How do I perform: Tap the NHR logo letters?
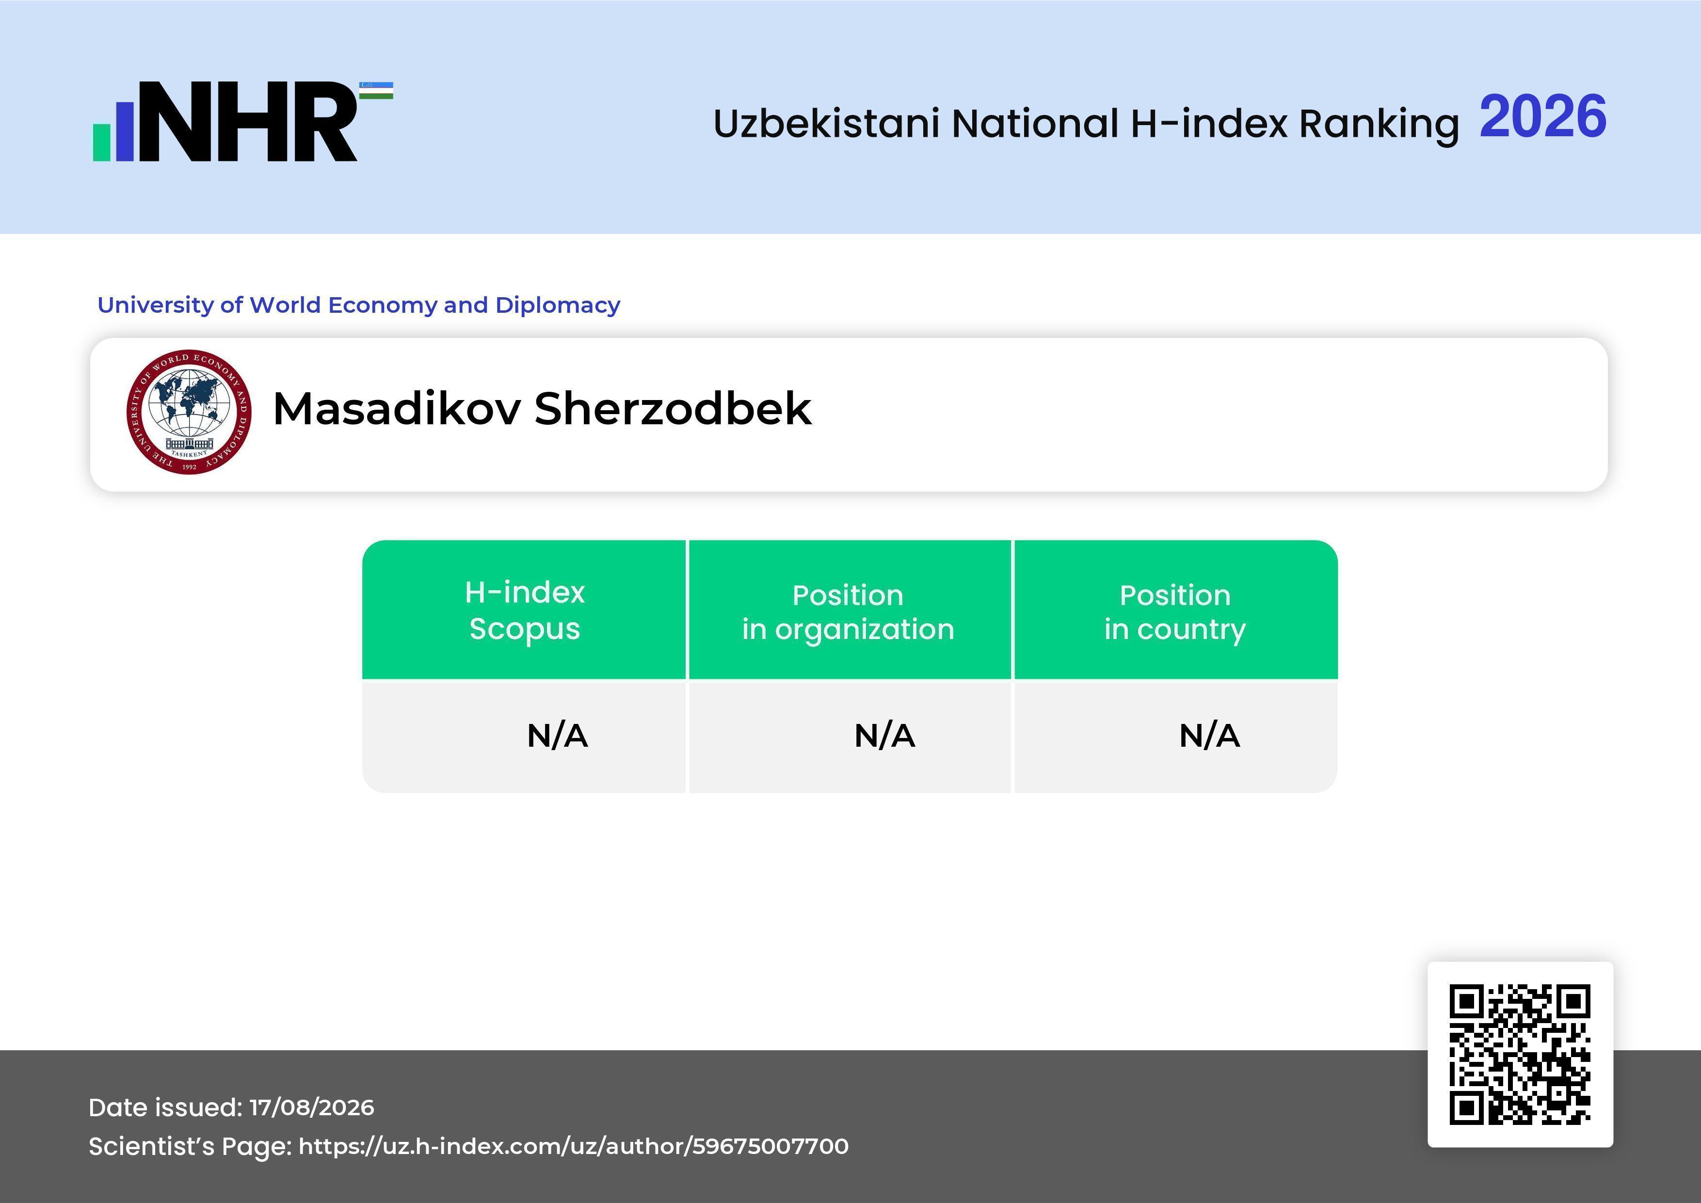click(x=247, y=122)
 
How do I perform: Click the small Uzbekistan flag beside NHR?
click(x=376, y=90)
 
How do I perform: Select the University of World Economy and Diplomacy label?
click(x=358, y=305)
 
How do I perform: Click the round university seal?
click(x=189, y=412)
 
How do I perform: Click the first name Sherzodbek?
click(x=673, y=408)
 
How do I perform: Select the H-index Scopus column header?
click(x=525, y=610)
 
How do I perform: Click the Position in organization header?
click(x=848, y=612)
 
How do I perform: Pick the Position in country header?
click(x=1175, y=612)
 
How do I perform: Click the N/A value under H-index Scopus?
click(x=557, y=736)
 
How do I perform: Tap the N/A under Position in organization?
click(x=884, y=736)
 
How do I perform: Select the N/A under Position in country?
click(x=1209, y=736)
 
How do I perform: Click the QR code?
click(x=1520, y=1054)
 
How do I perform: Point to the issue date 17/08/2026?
click(x=312, y=1107)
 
